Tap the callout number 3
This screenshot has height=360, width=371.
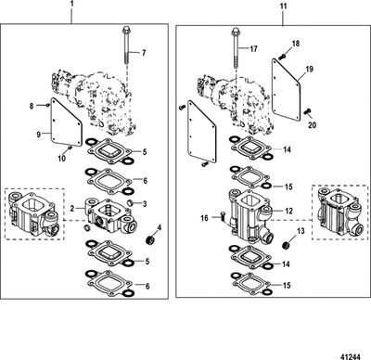click(x=145, y=201)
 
